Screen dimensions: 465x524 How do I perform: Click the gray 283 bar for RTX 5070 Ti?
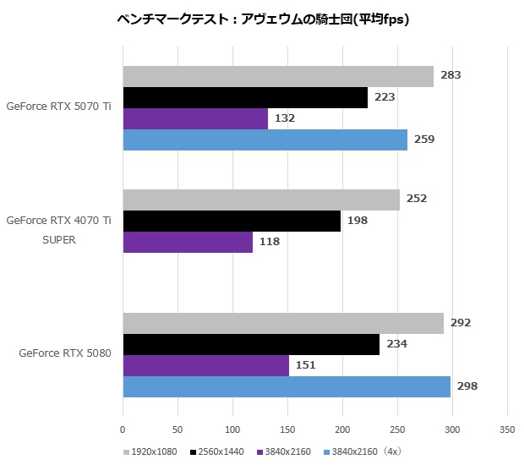278,76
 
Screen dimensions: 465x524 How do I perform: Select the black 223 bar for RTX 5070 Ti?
245,97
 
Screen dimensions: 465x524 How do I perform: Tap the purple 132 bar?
195,118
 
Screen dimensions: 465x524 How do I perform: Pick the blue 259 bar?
265,139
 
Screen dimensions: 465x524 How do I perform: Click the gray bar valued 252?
261,200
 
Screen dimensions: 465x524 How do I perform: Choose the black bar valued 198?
232,221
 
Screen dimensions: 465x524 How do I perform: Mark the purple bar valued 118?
188,242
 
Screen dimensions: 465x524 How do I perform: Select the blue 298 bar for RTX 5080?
287,386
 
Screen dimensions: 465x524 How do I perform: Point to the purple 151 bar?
205,365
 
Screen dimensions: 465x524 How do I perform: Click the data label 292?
461,323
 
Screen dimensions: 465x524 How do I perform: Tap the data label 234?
396,344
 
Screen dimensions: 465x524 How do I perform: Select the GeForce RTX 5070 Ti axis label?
58,107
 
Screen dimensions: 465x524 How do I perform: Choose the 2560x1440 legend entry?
217,451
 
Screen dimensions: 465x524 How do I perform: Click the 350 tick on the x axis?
506,429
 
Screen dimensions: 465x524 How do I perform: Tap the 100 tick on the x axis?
232,429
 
